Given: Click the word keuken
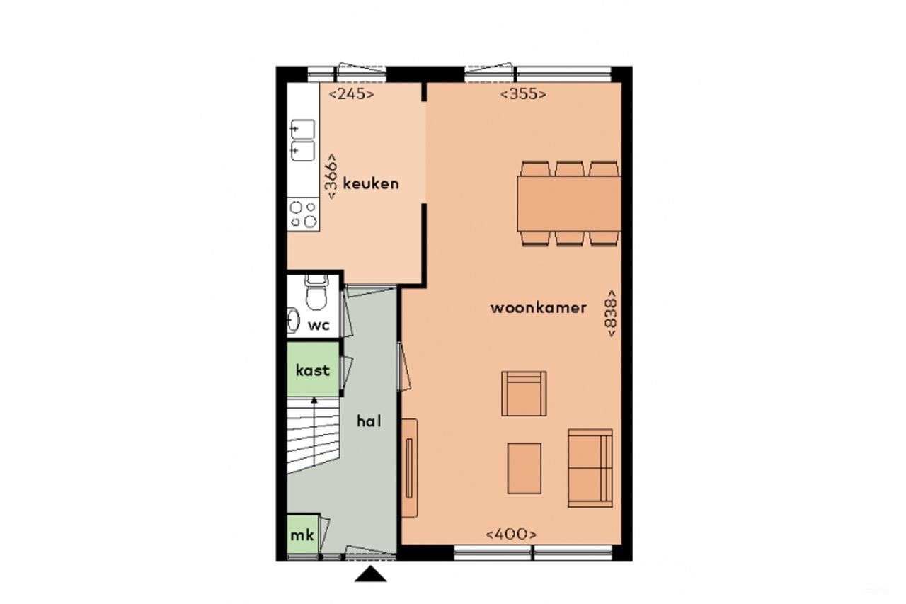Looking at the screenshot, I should click(x=371, y=183).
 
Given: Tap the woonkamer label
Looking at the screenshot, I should click(x=539, y=308).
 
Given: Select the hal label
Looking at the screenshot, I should click(x=369, y=421).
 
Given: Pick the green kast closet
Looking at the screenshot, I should click(x=313, y=370).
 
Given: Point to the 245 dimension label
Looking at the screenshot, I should click(x=352, y=93).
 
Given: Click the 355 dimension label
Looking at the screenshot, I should click(x=524, y=93).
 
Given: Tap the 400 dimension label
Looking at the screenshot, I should click(x=511, y=535).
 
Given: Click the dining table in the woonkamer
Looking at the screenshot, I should click(x=569, y=203).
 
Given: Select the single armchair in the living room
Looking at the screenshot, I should click(x=524, y=394).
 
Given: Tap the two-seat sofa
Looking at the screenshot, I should click(x=590, y=467).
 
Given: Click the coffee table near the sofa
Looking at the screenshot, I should click(x=524, y=468).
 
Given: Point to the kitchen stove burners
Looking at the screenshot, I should click(x=304, y=215).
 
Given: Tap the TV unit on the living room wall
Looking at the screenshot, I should click(x=409, y=468).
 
